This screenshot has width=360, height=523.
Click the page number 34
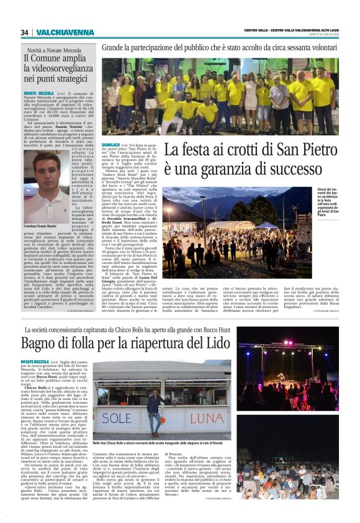pyautogui.click(x=25, y=32)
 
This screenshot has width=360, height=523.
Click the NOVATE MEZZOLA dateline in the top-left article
pyautogui.click(x=37, y=93)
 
